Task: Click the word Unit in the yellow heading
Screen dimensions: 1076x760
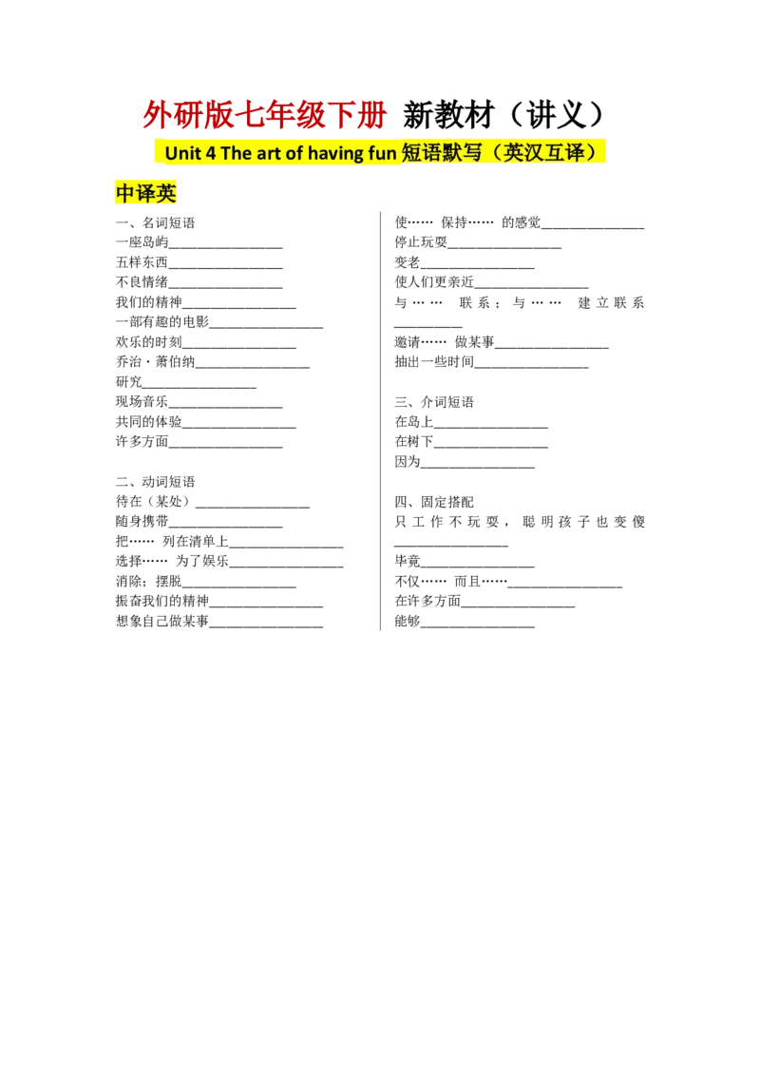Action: [182, 153]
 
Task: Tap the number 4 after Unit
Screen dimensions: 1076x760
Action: [211, 153]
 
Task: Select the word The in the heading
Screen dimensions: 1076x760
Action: [236, 153]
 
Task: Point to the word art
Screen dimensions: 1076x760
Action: [270, 153]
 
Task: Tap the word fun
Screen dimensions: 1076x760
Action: [384, 153]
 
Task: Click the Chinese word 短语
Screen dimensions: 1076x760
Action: [422, 152]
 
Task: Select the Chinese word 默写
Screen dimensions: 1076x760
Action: [465, 152]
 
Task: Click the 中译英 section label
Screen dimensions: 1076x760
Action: [146, 194]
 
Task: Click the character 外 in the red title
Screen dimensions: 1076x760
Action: [152, 116]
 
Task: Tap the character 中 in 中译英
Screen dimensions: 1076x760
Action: [125, 194]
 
